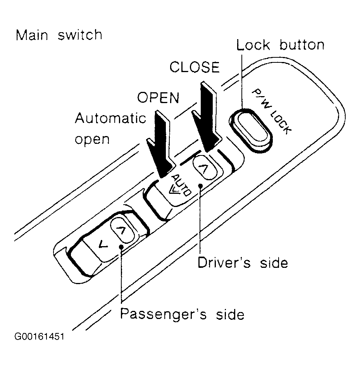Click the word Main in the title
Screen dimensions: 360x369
click(x=32, y=35)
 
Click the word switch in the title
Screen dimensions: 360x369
click(x=80, y=35)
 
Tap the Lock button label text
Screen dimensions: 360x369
click(x=280, y=45)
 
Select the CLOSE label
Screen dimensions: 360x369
click(x=195, y=67)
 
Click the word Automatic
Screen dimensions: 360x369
click(x=110, y=118)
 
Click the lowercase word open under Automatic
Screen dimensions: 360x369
click(x=92, y=140)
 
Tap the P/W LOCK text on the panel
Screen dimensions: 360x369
click(x=272, y=112)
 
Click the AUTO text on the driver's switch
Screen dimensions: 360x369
click(x=181, y=185)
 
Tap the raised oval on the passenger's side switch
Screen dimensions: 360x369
click(x=122, y=231)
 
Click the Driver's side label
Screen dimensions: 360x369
click(x=243, y=262)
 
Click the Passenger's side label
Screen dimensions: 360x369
click(x=183, y=314)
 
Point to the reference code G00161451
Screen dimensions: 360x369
click(x=39, y=336)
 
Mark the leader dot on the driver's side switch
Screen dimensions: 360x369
click(x=200, y=186)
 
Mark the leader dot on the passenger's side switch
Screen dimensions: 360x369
click(x=121, y=247)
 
